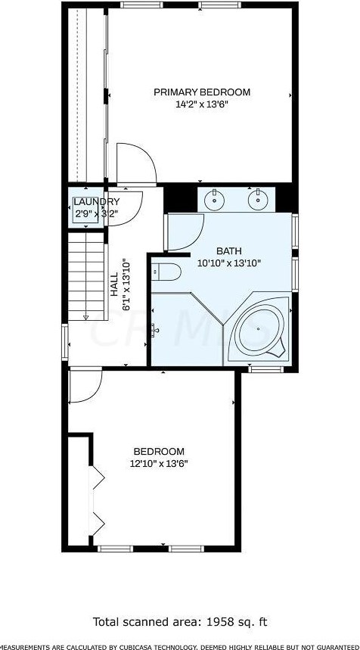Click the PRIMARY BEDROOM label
[x=202, y=92]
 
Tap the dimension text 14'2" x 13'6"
[x=202, y=105]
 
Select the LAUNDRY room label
[x=97, y=201]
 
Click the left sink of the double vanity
[x=216, y=201]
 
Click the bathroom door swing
[x=185, y=232]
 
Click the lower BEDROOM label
[x=159, y=452]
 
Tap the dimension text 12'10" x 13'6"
[x=159, y=464]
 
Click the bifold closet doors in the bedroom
[x=96, y=499]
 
